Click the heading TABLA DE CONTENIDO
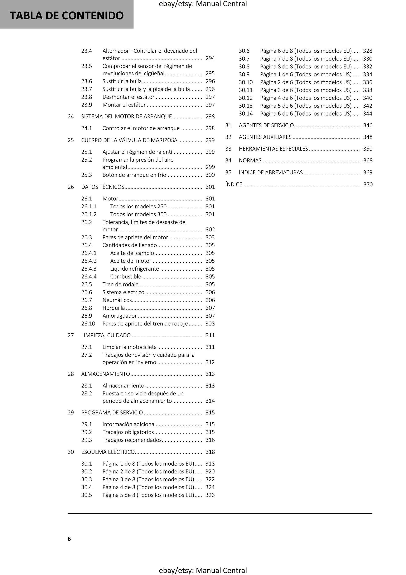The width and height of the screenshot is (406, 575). pos(67,15)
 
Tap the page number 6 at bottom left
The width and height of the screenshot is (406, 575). pos(69,539)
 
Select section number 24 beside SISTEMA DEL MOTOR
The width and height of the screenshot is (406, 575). pos(71,117)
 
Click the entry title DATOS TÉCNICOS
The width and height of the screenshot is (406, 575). pos(103,187)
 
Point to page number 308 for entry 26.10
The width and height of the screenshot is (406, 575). pos(210,324)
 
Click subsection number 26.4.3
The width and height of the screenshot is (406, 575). pos(89,269)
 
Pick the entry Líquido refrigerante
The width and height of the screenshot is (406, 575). pos(134,269)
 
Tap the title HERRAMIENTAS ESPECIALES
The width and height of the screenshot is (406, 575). pos(273,149)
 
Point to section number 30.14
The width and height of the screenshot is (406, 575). pos(246,114)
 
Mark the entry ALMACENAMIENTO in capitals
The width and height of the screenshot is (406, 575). pos(106,374)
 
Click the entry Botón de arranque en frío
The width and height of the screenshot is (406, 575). pos(134,175)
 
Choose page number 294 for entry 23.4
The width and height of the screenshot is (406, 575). pos(210,58)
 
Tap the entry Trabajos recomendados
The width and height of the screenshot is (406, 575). pos(132,440)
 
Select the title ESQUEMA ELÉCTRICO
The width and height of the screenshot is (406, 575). pos(108,452)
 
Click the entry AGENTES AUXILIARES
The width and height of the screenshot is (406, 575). pos(265,137)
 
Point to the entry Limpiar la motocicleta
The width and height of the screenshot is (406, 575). pos(129,347)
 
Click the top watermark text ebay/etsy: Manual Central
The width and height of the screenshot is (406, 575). pos(203,4)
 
